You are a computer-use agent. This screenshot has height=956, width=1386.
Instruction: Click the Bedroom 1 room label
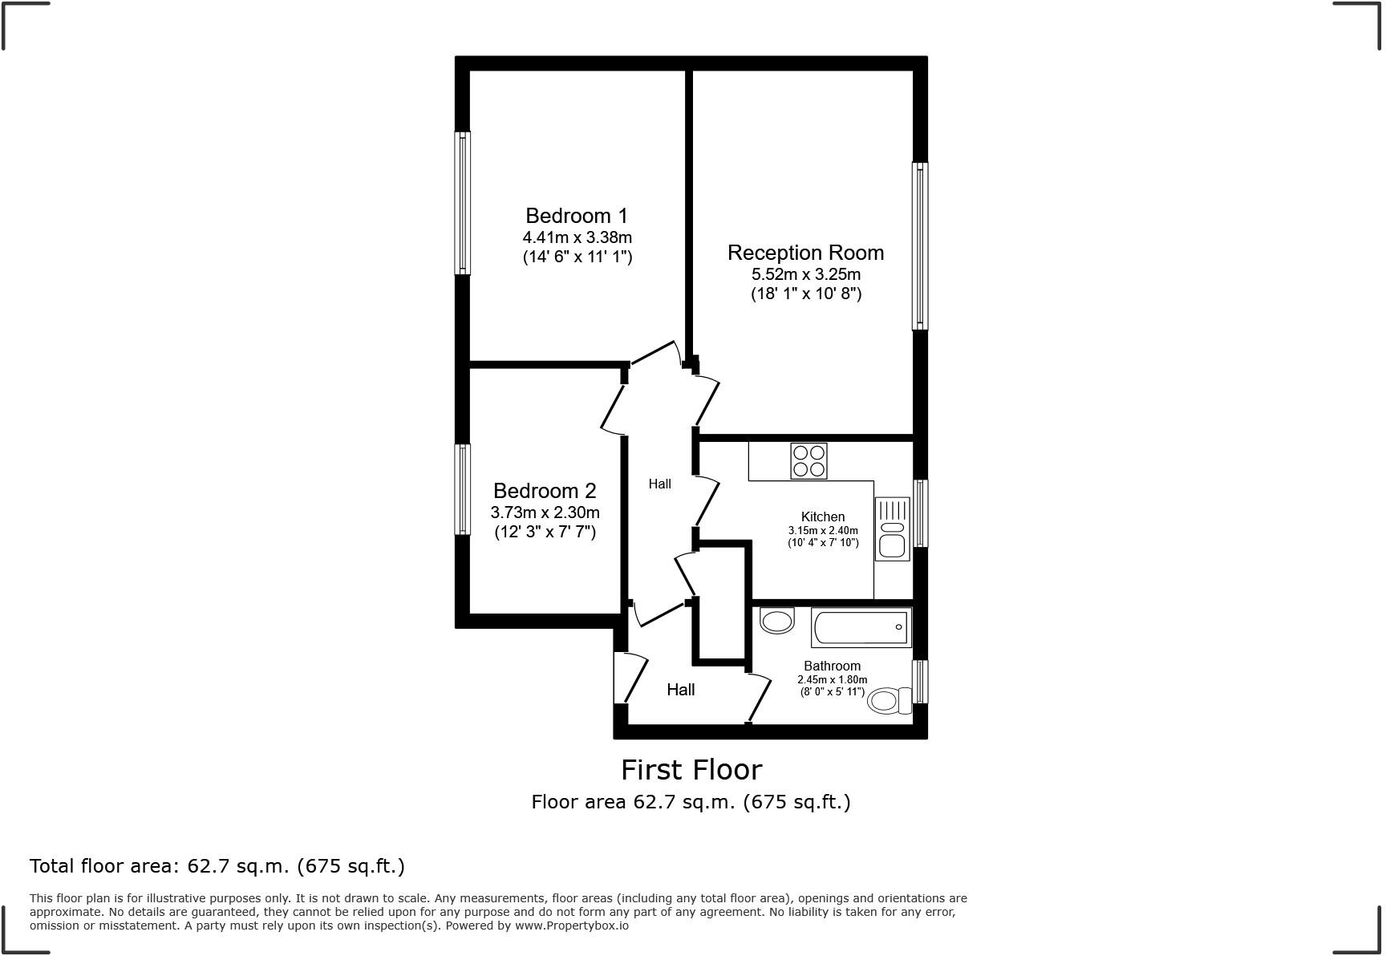pos(577,216)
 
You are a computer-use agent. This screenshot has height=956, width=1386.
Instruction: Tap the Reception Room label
pos(805,253)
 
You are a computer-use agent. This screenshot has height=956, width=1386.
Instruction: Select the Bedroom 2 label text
pos(545,491)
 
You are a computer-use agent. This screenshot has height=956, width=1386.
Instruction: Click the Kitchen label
pos(822,516)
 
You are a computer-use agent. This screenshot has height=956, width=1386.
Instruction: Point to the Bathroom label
pos(832,666)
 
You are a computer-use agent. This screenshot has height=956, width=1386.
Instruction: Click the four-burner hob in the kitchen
pos(808,461)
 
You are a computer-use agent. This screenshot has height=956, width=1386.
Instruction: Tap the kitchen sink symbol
pos(892,529)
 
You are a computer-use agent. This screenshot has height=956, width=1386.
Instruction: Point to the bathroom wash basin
pos(776,621)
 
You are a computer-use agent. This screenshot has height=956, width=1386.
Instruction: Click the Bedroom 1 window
pos(462,203)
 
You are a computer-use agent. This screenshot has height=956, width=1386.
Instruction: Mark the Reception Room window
pos(920,246)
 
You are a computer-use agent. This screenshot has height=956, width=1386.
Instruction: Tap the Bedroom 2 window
pos(462,489)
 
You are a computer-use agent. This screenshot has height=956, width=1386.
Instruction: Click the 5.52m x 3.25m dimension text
pos(805,274)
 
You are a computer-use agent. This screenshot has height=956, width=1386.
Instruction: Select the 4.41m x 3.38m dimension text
pos(577,237)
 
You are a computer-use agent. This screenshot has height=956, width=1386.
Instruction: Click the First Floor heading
pos(691,770)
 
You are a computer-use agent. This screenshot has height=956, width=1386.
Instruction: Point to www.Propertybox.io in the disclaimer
pos(571,926)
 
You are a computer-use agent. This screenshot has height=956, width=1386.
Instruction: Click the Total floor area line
pos(217,866)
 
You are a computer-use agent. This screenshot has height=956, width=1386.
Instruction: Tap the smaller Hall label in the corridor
pos(659,484)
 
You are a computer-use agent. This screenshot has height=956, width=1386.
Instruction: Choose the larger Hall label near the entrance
pos(680,690)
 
